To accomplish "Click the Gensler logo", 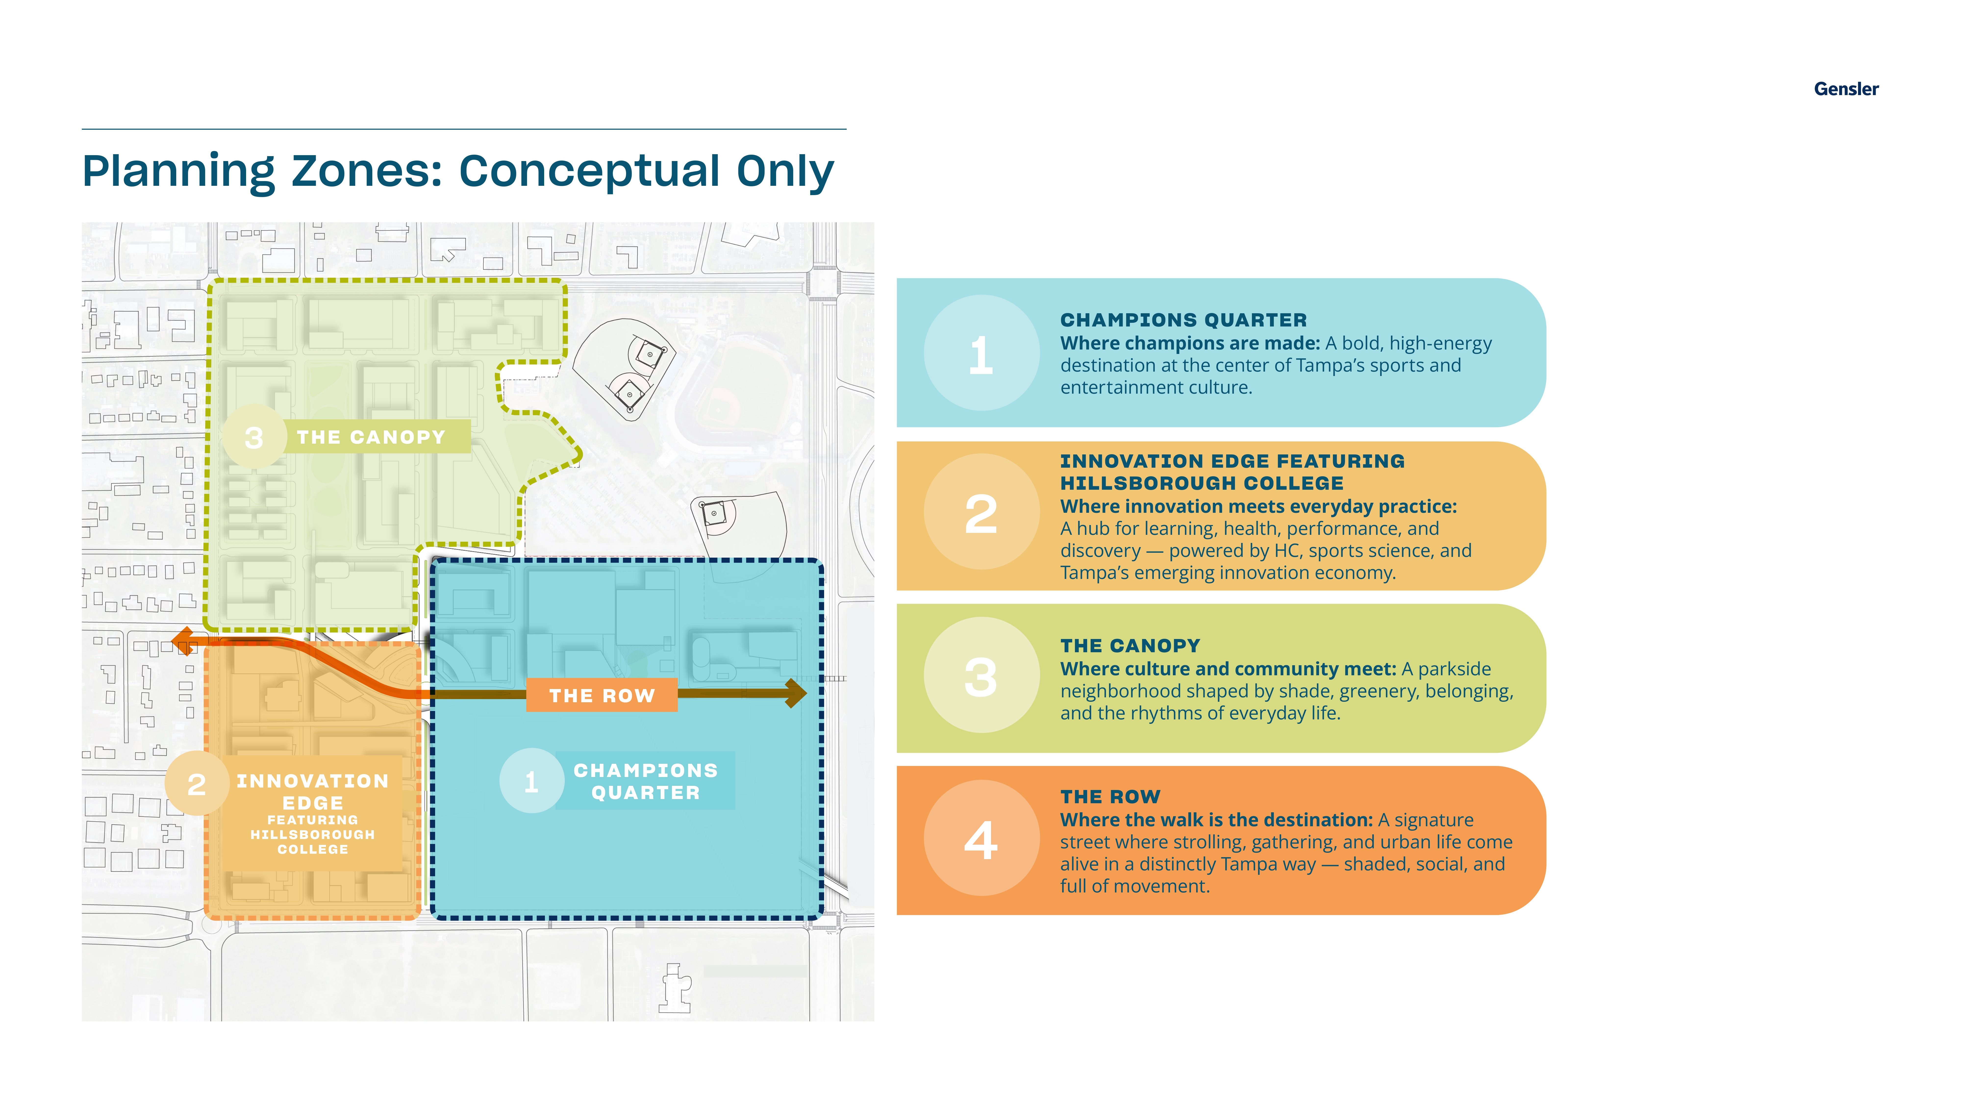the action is point(1846,89).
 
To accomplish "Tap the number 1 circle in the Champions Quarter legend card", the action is point(981,353).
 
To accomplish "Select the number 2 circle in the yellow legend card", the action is point(981,512).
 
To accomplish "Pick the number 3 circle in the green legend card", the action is point(981,675).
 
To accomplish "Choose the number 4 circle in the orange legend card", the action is point(981,838).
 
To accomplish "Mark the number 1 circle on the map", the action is point(531,781).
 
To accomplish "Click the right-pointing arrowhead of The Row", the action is point(795,693).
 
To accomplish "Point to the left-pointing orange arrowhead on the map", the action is point(183,642).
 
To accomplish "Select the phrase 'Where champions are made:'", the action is point(1190,343).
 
